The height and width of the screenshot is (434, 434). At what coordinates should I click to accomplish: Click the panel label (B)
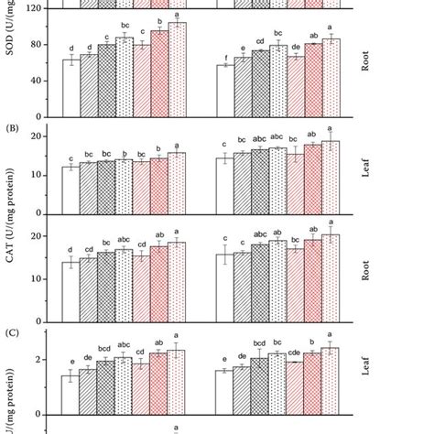[x=15, y=129]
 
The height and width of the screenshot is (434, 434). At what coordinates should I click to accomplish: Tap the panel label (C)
[x=15, y=322]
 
